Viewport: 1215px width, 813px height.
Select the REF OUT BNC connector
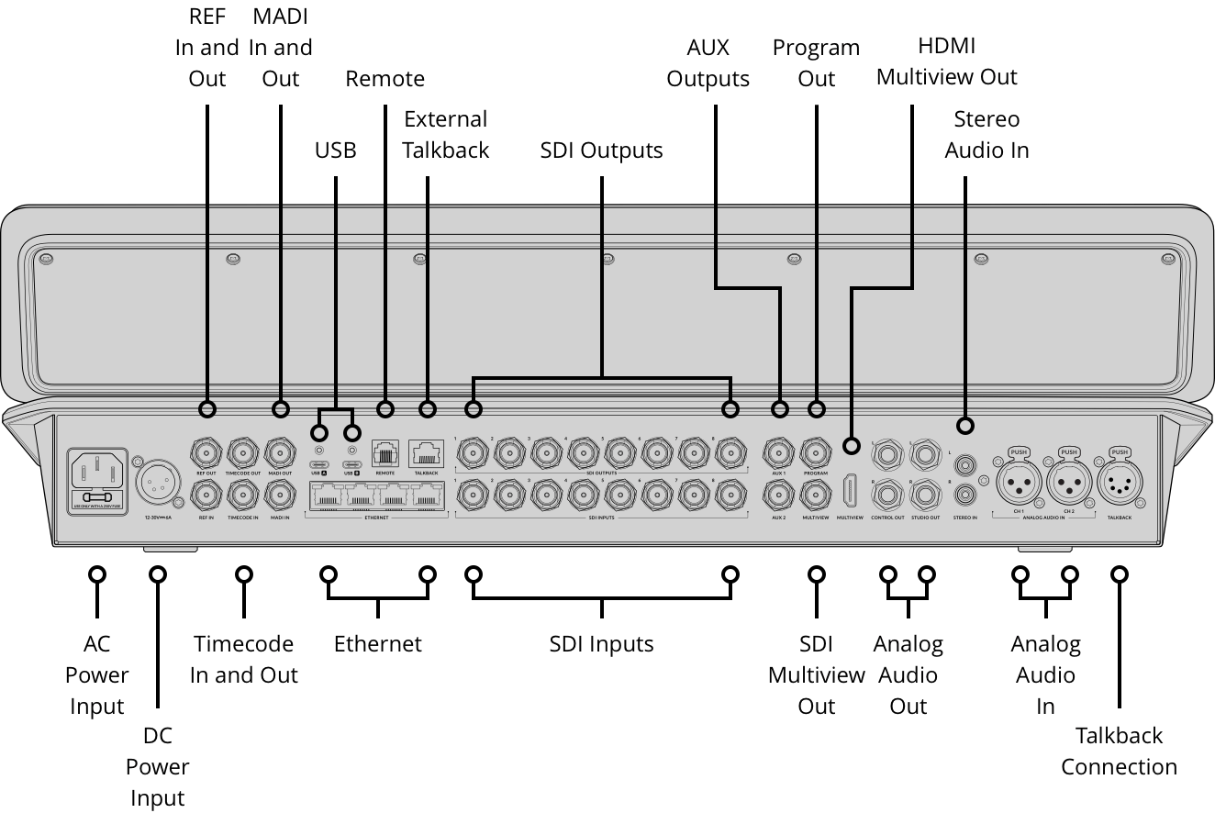[x=206, y=452]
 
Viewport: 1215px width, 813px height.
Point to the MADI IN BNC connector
[x=280, y=496]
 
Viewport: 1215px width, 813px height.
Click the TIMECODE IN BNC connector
[x=243, y=496]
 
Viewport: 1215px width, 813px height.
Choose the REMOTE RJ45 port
[x=385, y=452]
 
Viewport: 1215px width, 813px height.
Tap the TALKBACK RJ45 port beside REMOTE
[x=427, y=452]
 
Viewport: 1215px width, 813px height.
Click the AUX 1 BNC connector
[x=779, y=452]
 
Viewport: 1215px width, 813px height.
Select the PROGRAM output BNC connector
[x=816, y=452]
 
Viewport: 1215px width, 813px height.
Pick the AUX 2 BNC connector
[x=779, y=496]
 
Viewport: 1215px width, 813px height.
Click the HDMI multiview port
[x=851, y=491]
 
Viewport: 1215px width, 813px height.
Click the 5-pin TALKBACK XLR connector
[x=1119, y=479]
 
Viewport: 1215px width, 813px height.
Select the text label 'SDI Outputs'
[x=601, y=150]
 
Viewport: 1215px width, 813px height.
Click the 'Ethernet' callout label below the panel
[x=377, y=643]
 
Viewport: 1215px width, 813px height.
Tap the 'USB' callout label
[x=335, y=150]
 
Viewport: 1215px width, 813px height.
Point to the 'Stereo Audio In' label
[x=986, y=134]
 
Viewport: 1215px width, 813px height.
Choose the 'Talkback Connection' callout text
[x=1119, y=751]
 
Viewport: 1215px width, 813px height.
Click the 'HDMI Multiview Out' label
[x=946, y=61]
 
